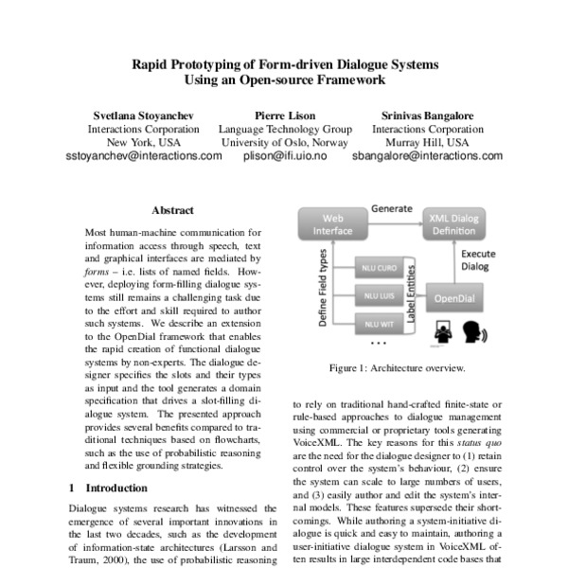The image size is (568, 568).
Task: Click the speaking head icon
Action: (x=472, y=332)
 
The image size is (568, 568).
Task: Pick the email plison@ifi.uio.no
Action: (x=285, y=157)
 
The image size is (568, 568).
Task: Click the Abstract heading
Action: (x=172, y=210)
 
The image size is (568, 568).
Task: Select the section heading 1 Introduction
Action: (x=111, y=488)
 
